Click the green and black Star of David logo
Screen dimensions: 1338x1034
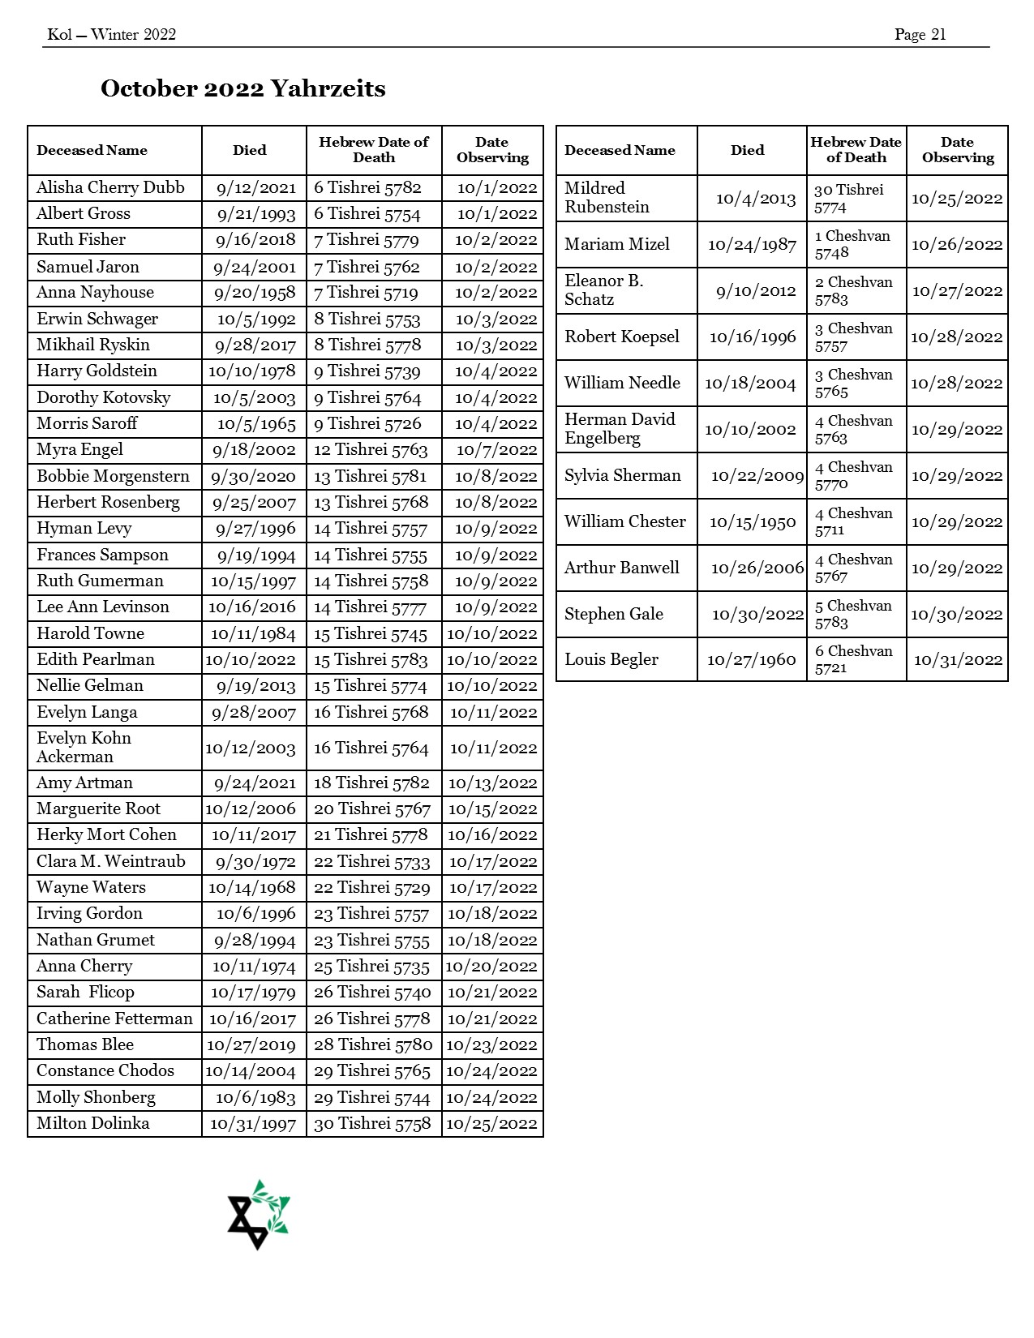[x=259, y=1214]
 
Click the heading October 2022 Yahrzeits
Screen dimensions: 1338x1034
[x=242, y=88]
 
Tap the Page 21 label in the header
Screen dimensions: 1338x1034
[x=920, y=34]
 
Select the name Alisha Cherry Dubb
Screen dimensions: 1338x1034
[x=110, y=187]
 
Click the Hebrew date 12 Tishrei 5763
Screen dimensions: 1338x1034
[x=371, y=450]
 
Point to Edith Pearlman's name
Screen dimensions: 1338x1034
[x=96, y=659]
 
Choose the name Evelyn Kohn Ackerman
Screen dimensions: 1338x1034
[x=84, y=747]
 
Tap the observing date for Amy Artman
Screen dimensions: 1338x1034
[x=492, y=783]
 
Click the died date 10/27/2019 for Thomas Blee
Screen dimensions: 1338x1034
[x=251, y=1044]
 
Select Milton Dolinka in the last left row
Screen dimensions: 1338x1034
[x=93, y=1123]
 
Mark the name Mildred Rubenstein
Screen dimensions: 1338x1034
[x=607, y=197]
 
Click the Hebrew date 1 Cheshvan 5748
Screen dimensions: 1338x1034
[x=852, y=244]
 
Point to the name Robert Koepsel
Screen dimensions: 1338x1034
[x=622, y=337]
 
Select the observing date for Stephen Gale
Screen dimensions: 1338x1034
[x=956, y=614]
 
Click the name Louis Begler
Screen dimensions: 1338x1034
[x=611, y=659]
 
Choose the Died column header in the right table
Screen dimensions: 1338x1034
[x=747, y=150]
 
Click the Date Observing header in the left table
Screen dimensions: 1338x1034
[x=492, y=150]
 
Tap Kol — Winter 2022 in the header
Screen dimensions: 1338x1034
[x=112, y=34]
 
